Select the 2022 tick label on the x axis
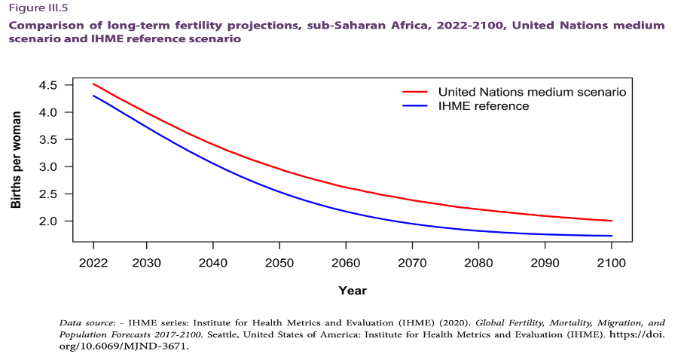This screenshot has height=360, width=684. tap(93, 262)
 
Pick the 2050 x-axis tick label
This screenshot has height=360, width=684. tap(279, 262)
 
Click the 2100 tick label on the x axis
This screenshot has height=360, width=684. tap(611, 262)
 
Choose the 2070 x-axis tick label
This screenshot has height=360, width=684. tap(411, 262)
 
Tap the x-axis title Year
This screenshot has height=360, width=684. tap(353, 290)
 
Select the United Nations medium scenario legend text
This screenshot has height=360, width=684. tap(532, 91)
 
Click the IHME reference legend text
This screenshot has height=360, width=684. tap(484, 105)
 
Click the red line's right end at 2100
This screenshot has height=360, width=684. tap(611, 221)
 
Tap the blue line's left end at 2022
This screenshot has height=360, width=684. tap(93, 96)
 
